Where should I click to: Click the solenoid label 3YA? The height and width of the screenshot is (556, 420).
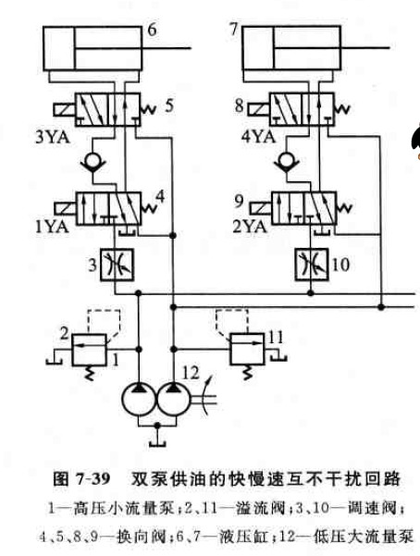pos(52,137)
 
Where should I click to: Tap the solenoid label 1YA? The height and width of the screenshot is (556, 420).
pos(52,227)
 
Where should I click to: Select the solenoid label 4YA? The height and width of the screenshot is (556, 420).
pos(258,137)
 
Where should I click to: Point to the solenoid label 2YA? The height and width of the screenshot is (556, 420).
pos(250,227)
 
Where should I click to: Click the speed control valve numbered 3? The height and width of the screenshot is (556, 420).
pos(117,265)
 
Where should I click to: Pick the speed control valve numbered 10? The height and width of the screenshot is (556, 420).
pos(312,265)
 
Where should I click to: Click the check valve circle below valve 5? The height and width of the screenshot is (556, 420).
pos(93,159)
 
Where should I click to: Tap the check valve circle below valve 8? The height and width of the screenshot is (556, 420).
pos(287,159)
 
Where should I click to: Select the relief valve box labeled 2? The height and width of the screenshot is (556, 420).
pos(89,350)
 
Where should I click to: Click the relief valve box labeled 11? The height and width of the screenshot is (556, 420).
pos(247,349)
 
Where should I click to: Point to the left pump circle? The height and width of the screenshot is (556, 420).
pos(139,399)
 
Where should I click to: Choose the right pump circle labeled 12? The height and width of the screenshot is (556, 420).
pos(173,399)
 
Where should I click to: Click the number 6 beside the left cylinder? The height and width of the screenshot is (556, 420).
pos(152,30)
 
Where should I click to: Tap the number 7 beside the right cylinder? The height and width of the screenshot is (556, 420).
pos(233,29)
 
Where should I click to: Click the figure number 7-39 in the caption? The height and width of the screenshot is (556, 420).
pos(92,479)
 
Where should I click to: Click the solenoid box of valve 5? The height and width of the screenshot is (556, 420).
pos(64,109)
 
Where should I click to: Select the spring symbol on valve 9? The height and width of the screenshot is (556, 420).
pos(344,208)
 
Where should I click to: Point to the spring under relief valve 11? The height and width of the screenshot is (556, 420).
pos(247,373)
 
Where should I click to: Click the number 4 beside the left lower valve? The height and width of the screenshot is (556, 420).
pos(160,196)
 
